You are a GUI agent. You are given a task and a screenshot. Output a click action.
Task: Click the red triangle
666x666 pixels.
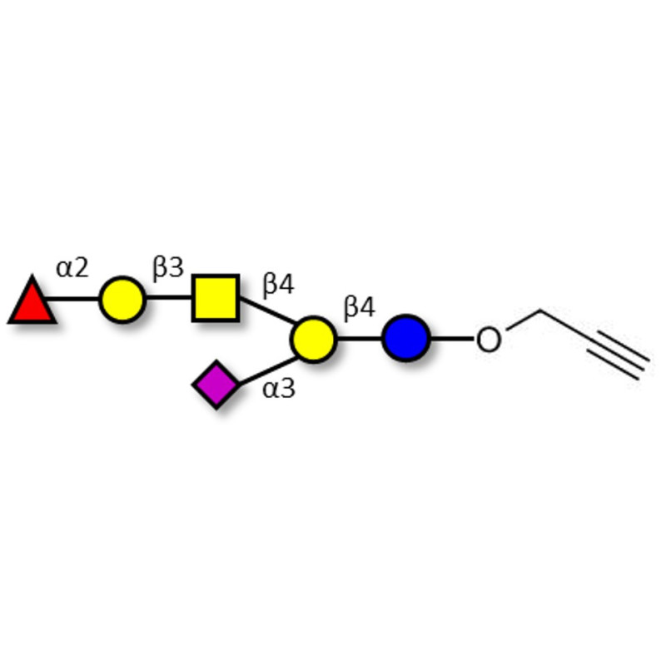(32, 301)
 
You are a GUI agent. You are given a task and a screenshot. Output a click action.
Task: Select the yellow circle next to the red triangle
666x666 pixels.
(122, 299)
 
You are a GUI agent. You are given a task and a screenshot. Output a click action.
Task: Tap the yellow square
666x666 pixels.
(216, 298)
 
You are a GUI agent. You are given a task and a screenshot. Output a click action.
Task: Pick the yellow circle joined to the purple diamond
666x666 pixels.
(313, 339)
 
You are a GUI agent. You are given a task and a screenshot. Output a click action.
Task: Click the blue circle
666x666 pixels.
(405, 339)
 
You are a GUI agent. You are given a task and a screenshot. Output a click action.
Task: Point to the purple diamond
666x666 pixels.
(216, 385)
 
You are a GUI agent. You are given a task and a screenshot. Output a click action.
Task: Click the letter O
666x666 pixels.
(489, 340)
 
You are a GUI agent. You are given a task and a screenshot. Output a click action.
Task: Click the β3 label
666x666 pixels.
(167, 267)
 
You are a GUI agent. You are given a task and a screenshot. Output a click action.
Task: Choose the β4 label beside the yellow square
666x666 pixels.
(278, 285)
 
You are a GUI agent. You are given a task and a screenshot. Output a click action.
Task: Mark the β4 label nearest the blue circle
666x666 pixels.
(360, 308)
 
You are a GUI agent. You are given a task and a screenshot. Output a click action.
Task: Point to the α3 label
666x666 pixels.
(279, 388)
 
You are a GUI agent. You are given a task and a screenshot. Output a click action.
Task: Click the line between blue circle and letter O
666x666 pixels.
(451, 339)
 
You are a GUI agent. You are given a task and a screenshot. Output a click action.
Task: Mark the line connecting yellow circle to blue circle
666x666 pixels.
(359, 339)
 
